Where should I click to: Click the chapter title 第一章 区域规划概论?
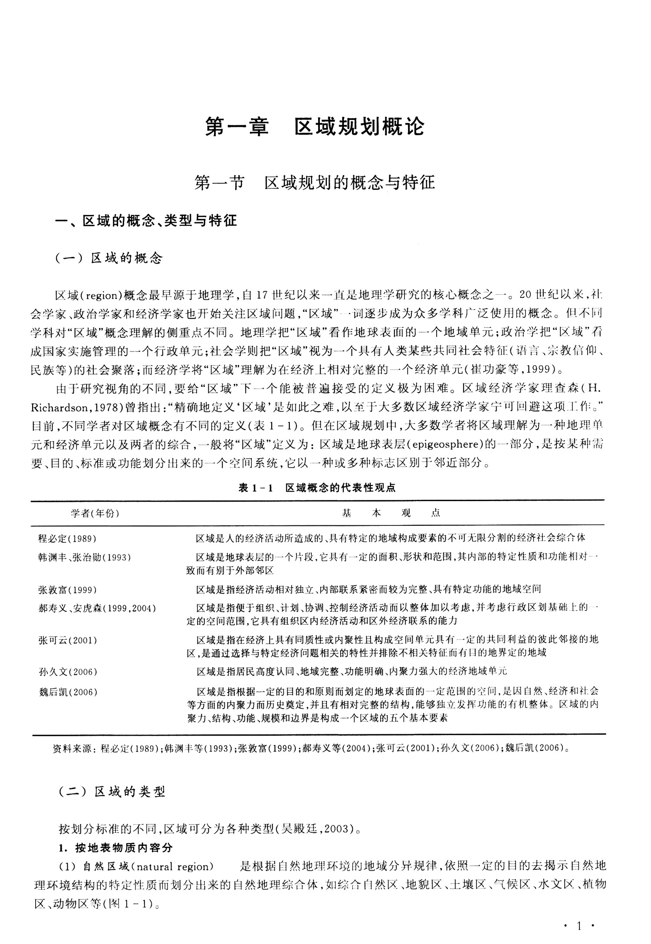(315, 127)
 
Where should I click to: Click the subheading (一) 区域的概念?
(109, 258)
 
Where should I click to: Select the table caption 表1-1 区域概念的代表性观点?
(317, 488)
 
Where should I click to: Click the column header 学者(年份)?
(95, 513)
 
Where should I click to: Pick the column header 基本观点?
(391, 513)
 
